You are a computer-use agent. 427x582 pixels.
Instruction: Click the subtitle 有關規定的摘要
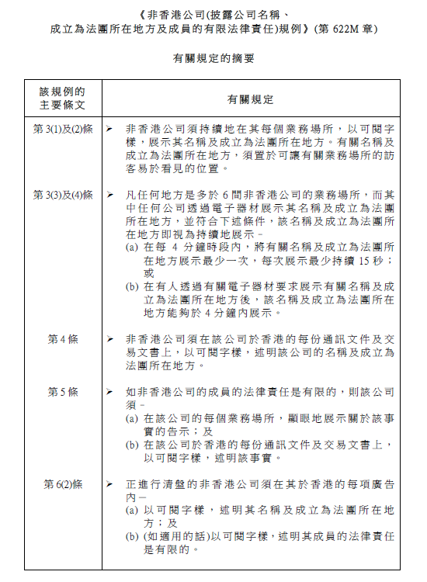pos(213,58)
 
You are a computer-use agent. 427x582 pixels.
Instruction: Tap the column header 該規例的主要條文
pos(63,99)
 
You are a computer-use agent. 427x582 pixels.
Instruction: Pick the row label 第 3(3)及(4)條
pos(63,194)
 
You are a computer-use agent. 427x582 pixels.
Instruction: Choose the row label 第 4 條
pos(63,339)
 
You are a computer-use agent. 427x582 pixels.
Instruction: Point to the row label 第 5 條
pos(63,392)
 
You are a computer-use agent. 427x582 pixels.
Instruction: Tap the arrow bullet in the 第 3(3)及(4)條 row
pos(111,194)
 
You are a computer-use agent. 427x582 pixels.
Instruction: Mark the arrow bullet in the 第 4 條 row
pos(111,339)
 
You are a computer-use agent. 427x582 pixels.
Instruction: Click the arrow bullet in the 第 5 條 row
pos(111,392)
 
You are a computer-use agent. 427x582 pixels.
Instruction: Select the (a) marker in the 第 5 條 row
pos(133,418)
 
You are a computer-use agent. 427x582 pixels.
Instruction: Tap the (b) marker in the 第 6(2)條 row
pos(133,537)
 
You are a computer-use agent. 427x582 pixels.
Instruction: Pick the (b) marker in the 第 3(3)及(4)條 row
pos(133,286)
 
